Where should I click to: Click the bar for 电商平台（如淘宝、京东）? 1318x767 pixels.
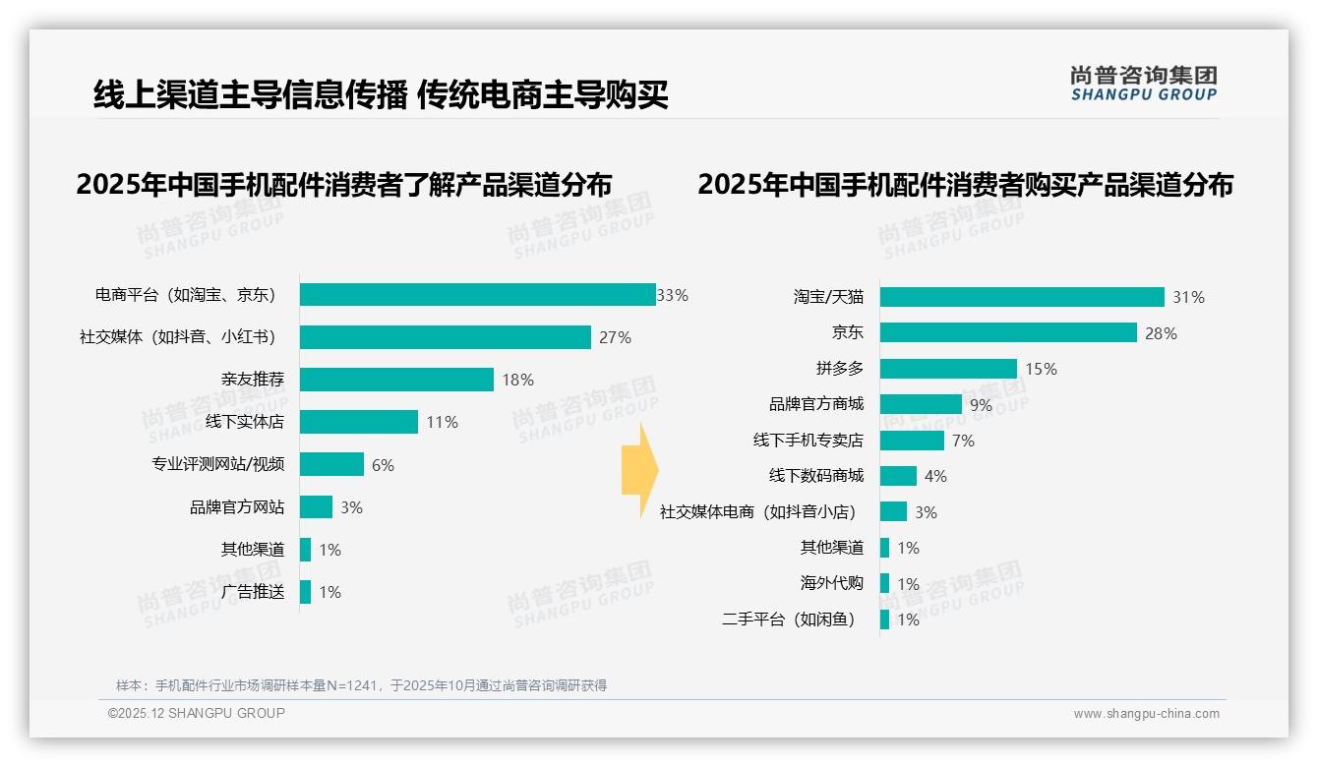pos(477,295)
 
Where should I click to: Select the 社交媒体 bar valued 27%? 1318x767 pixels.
pos(445,337)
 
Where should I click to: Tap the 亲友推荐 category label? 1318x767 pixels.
pos(253,380)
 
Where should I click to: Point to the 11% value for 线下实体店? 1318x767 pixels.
pos(442,423)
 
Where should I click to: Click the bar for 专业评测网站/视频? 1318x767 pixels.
pos(331,465)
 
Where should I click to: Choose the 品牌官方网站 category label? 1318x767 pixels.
pos(237,507)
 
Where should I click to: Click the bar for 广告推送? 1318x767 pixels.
pos(306,592)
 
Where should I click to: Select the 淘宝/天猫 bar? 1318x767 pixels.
pos(1022,297)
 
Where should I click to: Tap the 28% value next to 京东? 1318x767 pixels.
pos(1161,333)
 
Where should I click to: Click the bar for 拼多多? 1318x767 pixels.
pos(948,369)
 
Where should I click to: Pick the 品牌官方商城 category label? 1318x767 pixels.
pos(816,404)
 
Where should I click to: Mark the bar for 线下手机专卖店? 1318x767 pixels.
pos(912,441)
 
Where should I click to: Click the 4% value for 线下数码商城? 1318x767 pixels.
pos(935,477)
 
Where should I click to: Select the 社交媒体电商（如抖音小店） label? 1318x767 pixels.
pos(758,512)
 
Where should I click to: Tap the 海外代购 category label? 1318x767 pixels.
pos(832,583)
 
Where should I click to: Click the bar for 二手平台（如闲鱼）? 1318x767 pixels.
pos(885,619)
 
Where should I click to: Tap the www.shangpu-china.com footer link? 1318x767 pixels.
pos(1146,714)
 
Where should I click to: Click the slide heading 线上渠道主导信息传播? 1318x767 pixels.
pos(250,95)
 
